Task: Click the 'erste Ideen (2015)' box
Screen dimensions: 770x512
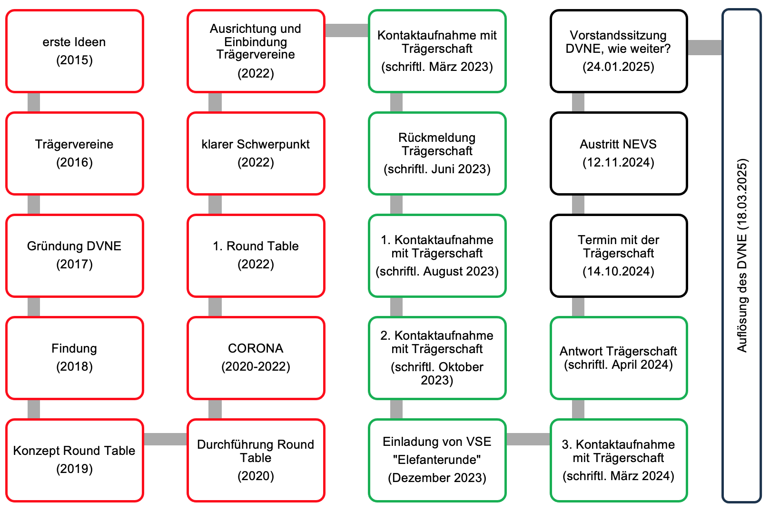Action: pyautogui.click(x=75, y=51)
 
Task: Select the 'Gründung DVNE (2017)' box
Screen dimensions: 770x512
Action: pyautogui.click(x=75, y=256)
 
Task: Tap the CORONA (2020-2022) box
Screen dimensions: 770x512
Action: pyautogui.click(x=256, y=358)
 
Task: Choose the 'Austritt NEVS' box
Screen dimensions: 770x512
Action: pyautogui.click(x=619, y=154)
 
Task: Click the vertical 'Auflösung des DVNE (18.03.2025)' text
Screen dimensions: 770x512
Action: pyautogui.click(x=742, y=256)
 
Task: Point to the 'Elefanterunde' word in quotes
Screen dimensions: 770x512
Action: pyautogui.click(x=437, y=460)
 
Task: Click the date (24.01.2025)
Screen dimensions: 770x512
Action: pyautogui.click(x=618, y=67)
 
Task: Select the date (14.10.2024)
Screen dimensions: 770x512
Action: pyautogui.click(x=618, y=271)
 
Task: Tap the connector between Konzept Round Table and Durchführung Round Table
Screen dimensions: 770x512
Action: pyautogui.click(x=165, y=439)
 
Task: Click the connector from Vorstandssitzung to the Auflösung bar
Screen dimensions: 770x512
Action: pyautogui.click(x=705, y=48)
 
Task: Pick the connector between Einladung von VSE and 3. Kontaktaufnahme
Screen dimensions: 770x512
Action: pyautogui.click(x=528, y=439)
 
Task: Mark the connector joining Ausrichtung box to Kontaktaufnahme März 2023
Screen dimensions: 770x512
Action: pyautogui.click(x=347, y=30)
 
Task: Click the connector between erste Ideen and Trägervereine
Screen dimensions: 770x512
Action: pyautogui.click(x=34, y=102)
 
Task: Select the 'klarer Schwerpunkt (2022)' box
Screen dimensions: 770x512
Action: pyautogui.click(x=256, y=154)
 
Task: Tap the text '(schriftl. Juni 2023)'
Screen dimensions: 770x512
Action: pyautogui.click(x=437, y=169)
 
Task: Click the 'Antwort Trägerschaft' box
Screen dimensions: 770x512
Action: pyautogui.click(x=619, y=358)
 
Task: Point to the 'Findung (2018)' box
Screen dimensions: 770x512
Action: pyautogui.click(x=75, y=358)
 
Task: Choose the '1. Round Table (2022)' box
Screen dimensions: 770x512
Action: pyautogui.click(x=256, y=256)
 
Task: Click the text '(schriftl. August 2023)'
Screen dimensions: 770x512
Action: pyautogui.click(x=437, y=271)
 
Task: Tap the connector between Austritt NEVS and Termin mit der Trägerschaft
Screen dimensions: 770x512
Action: pyautogui.click(x=578, y=205)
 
